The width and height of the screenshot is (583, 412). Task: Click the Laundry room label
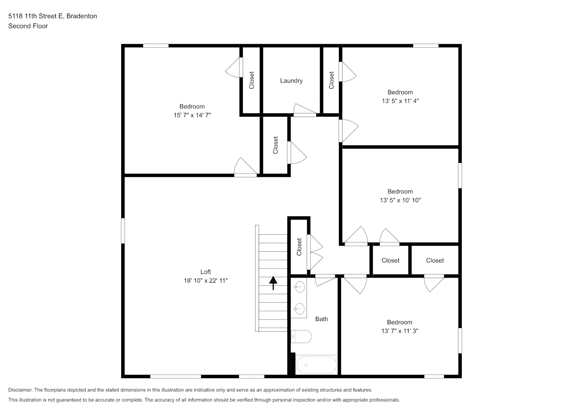click(291, 81)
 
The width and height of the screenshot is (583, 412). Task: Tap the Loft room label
click(206, 272)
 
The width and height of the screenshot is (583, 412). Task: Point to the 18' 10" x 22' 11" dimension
click(206, 281)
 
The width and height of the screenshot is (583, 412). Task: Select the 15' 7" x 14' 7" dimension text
click(192, 115)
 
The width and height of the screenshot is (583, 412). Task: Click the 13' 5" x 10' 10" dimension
click(400, 200)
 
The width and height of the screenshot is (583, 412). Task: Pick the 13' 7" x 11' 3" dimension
click(400, 331)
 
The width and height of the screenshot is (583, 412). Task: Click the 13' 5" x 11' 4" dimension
click(400, 101)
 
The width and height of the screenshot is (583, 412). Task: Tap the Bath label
click(322, 319)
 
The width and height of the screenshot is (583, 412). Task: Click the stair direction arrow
click(273, 283)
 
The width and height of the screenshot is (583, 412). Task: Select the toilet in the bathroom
click(301, 337)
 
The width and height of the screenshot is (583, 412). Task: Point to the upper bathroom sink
click(300, 287)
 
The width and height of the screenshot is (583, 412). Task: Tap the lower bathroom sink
click(300, 309)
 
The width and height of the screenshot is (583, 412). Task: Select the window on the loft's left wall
click(123, 231)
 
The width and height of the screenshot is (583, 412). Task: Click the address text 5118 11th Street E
click(36, 16)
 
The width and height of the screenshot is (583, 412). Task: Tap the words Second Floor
click(28, 26)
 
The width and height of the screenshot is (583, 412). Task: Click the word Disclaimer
click(21, 390)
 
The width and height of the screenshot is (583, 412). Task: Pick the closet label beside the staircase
click(299, 247)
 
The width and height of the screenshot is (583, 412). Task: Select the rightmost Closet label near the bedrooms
click(435, 260)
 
